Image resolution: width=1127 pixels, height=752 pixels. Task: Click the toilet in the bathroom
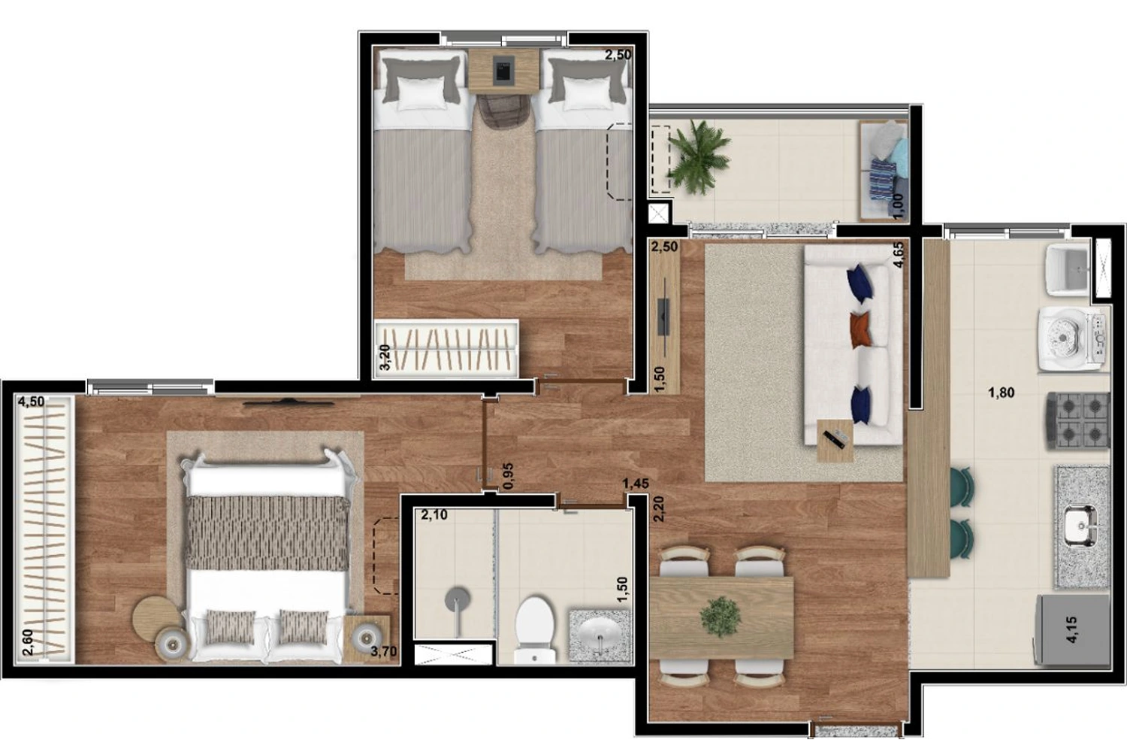click(534, 629)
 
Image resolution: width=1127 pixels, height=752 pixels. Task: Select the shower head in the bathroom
click(458, 599)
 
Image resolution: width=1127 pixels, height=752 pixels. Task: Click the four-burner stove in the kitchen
click(1079, 420)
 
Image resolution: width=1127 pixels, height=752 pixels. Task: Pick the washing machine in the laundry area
click(1074, 338)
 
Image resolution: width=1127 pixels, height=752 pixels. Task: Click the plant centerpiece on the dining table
click(721, 615)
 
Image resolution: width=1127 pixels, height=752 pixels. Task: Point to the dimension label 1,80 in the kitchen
click(1002, 393)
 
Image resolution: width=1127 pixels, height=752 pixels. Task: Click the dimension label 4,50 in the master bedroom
click(32, 402)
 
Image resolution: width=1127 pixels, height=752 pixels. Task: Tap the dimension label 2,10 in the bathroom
click(434, 515)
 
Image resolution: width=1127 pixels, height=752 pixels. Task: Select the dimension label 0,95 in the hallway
click(509, 476)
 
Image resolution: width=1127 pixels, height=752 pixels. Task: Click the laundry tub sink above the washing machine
click(1068, 271)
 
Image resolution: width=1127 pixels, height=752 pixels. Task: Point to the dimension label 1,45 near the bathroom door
click(636, 484)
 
